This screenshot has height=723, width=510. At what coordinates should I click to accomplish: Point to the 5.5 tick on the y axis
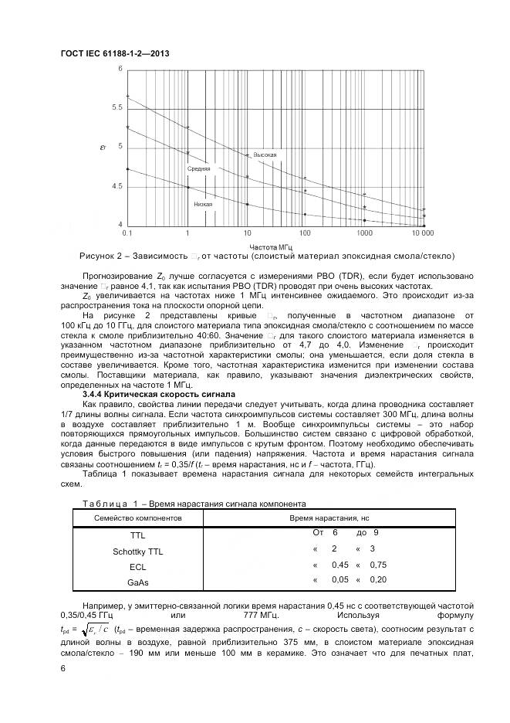coord(117,107)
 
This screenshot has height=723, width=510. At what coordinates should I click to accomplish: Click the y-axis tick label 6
coord(120,69)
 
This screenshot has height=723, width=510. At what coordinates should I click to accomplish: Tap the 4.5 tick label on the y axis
coord(117,186)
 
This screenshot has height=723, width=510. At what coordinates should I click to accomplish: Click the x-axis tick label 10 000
coord(422,233)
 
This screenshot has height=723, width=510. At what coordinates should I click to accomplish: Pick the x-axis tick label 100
coord(305,233)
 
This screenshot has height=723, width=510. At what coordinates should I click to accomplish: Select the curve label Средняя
coord(198,168)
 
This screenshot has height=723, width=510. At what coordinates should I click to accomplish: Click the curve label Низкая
coord(203,204)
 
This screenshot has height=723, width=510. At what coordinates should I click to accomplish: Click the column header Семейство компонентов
coord(138,517)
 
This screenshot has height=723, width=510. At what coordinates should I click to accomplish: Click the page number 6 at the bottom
coord(62,668)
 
